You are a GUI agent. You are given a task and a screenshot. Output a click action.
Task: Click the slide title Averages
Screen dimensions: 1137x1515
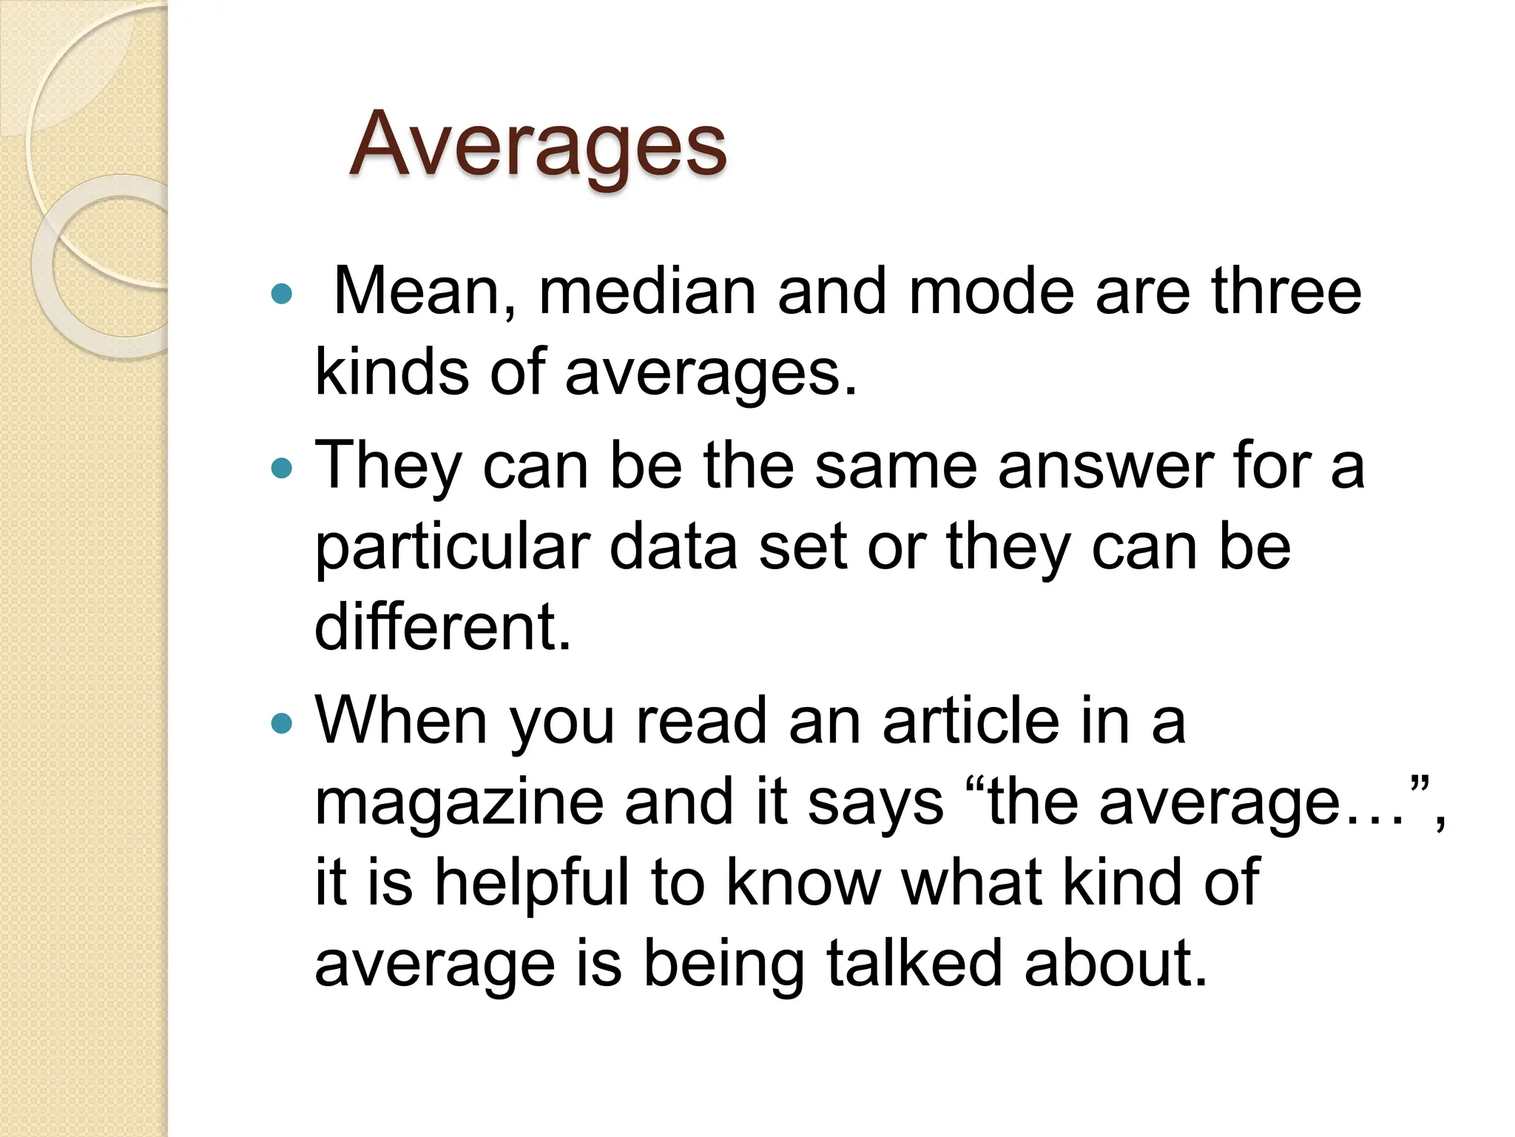tap(538, 145)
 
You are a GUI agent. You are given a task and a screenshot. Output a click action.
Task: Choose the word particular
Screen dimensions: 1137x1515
tap(452, 548)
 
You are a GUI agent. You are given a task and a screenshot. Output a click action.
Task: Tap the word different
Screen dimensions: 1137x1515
tap(442, 627)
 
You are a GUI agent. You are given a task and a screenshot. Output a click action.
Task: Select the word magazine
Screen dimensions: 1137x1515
tap(459, 803)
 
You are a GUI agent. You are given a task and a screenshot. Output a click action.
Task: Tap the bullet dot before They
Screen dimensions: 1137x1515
tap(282, 468)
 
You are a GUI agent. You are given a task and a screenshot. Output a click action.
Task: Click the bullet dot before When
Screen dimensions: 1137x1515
tap(282, 722)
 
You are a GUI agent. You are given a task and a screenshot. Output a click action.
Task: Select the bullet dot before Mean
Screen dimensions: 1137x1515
tap(282, 295)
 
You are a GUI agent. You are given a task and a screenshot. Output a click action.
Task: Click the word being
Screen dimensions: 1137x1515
tap(723, 964)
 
